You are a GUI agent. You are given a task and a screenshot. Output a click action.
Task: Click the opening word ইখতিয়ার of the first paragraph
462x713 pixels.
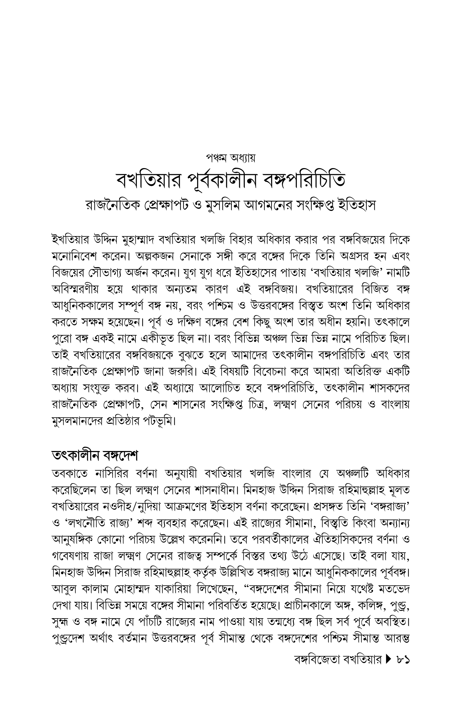coord(70,240)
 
